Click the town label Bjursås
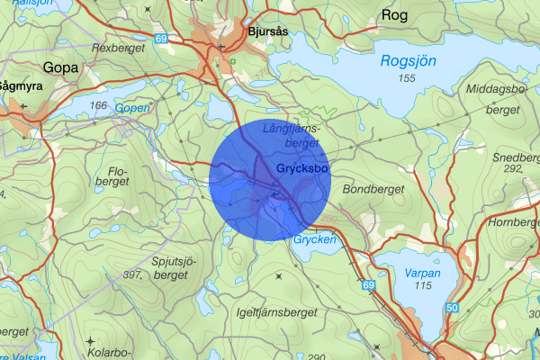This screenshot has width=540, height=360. [x=269, y=31]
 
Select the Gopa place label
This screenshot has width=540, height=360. [x=60, y=67]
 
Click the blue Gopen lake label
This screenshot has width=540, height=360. [x=132, y=107]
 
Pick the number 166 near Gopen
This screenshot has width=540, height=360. [x=98, y=106]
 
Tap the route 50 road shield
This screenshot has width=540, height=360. [x=451, y=309]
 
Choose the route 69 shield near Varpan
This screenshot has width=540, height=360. [x=368, y=285]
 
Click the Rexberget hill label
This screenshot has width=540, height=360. [x=118, y=48]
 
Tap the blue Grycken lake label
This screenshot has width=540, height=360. [x=314, y=240]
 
